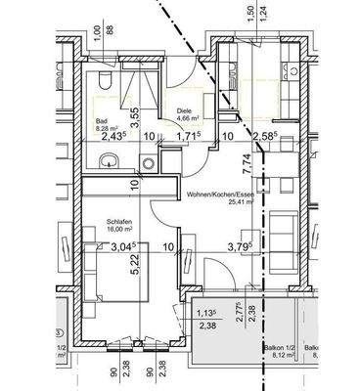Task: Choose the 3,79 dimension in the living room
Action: pos(240,247)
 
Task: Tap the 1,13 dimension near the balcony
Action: pos(203,313)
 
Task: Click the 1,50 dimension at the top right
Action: pos(252,14)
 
